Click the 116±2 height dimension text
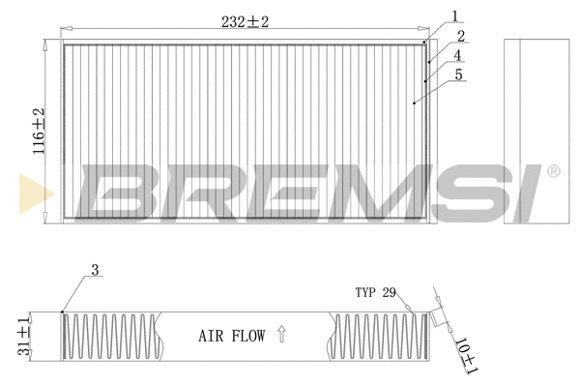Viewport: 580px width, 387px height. [x=40, y=132]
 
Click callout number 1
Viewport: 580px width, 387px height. [x=453, y=15]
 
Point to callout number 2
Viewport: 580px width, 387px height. [x=462, y=35]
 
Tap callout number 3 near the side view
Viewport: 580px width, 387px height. [x=95, y=271]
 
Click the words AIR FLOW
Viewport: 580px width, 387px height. [x=231, y=337]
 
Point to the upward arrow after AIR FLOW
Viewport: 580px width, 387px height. [x=281, y=336]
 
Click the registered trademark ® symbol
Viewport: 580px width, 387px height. [x=553, y=172]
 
